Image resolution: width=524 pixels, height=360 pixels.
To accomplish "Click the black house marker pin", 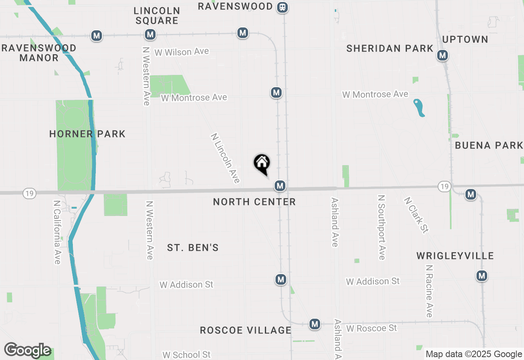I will (x=262, y=164).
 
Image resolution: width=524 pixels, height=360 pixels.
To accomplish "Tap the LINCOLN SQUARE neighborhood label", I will (x=157, y=16).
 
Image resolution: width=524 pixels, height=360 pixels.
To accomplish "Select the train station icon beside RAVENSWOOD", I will (x=282, y=7).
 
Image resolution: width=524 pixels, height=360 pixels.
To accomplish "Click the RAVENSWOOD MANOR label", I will (x=39, y=53).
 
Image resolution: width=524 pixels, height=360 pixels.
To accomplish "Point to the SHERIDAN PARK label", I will (x=390, y=48).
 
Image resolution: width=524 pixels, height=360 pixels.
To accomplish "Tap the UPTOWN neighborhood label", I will (x=465, y=39).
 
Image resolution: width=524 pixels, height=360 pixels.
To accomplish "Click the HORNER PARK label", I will (x=87, y=134).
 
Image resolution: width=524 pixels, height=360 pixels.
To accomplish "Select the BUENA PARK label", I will (x=489, y=145).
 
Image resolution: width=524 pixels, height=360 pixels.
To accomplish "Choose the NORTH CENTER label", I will (x=254, y=202).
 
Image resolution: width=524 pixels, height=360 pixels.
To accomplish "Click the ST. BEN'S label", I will (x=193, y=248).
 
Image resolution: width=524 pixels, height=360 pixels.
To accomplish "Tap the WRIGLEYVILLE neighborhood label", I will (x=455, y=256).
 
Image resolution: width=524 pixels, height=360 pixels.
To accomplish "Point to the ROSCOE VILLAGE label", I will (x=246, y=330).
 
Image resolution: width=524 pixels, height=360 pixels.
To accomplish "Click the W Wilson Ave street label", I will (x=182, y=52).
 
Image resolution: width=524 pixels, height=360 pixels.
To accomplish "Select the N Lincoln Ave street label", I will (x=226, y=158).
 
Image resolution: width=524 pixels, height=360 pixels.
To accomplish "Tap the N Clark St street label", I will (x=416, y=215).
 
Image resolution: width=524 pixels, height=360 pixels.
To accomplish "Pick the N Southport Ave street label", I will (x=382, y=227).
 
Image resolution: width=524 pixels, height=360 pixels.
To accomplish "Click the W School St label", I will (x=186, y=355).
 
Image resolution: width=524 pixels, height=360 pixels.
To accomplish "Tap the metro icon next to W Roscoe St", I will (x=314, y=324).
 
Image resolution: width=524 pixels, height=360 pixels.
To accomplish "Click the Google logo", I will (x=27, y=350).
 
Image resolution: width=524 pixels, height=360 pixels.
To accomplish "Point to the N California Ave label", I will (x=57, y=232).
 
